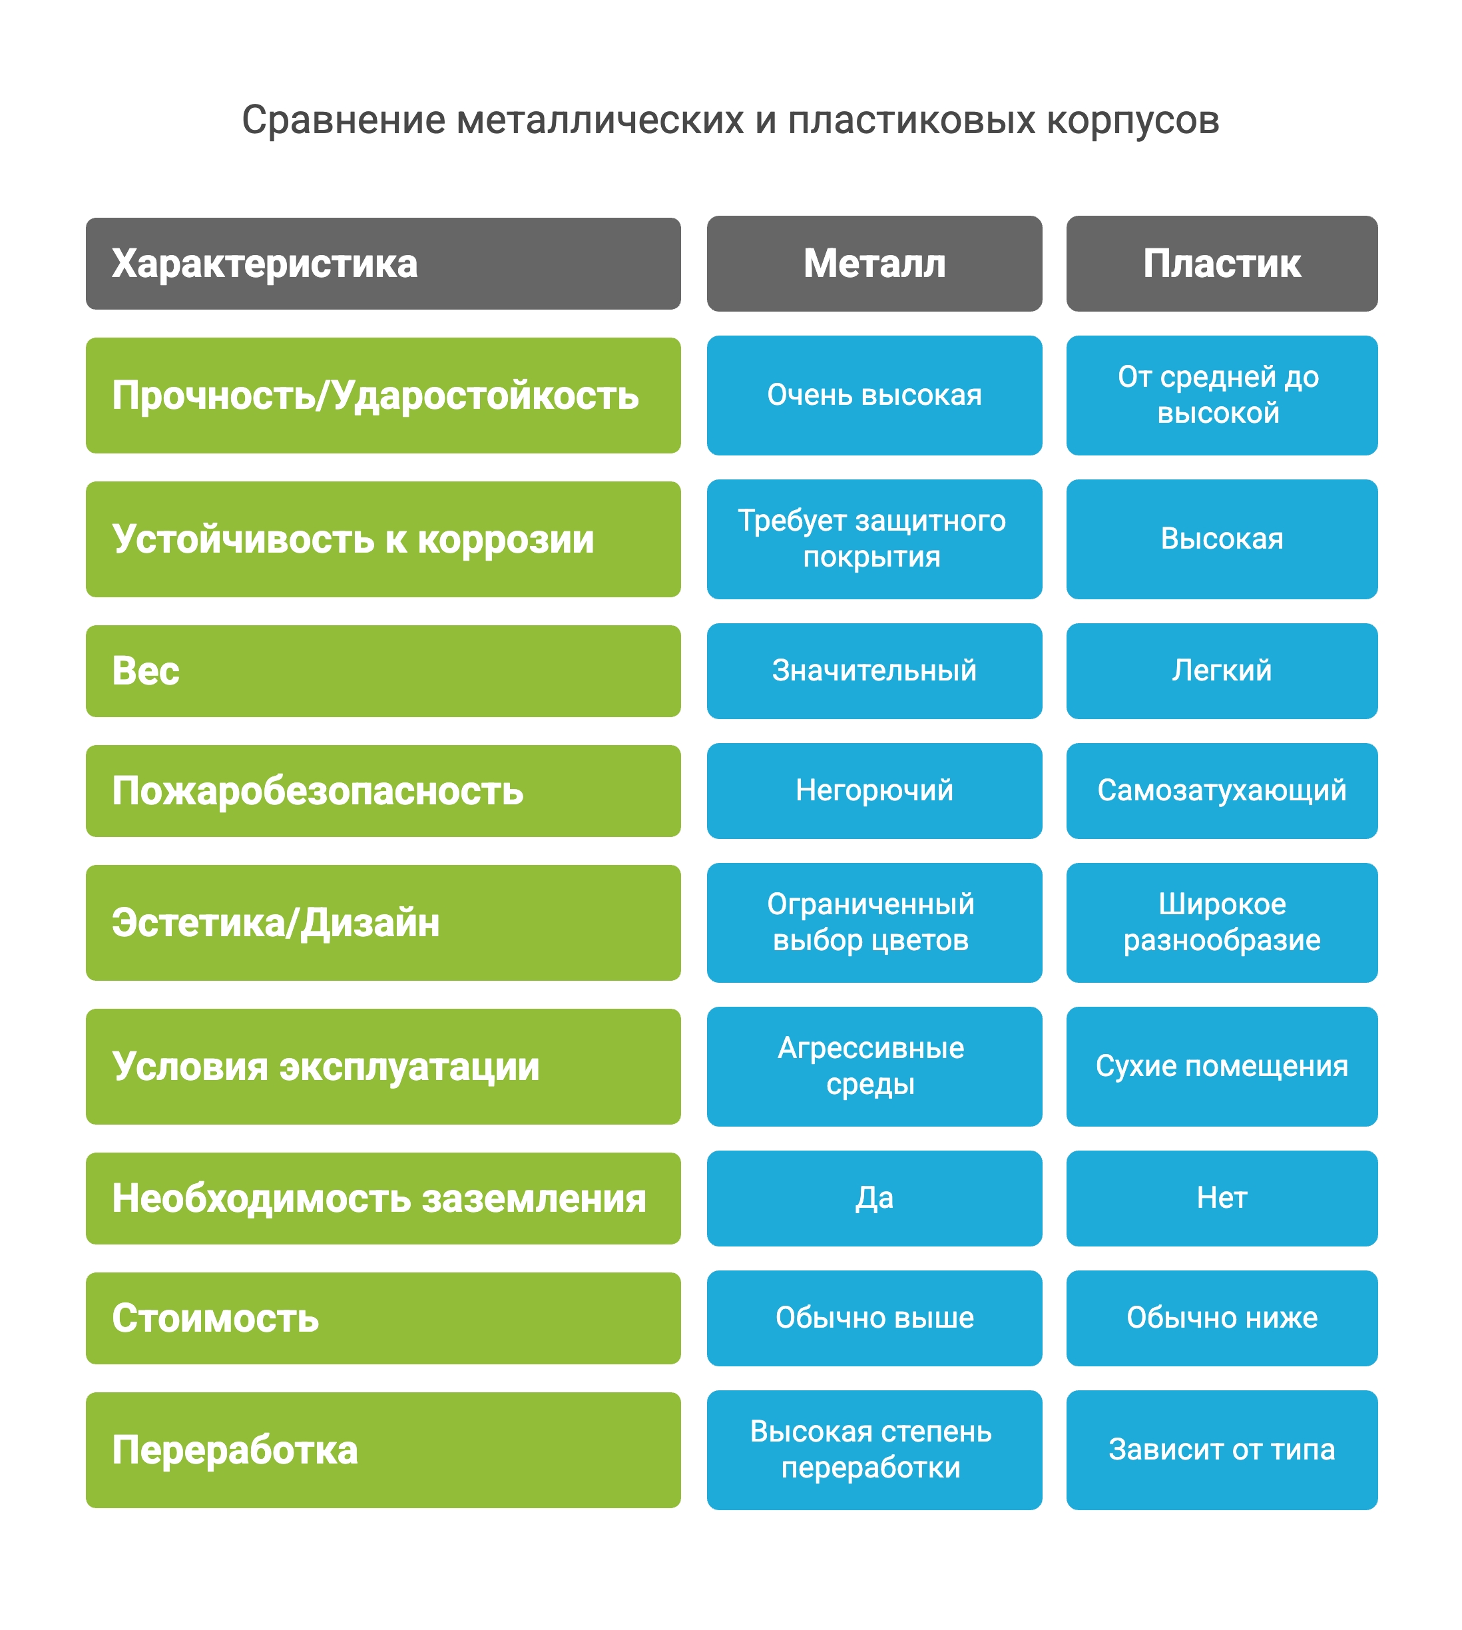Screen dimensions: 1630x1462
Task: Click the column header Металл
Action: [874, 264]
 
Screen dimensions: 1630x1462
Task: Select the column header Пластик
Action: [1221, 264]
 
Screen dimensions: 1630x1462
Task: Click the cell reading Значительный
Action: [874, 671]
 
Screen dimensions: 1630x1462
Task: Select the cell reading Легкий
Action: [1221, 671]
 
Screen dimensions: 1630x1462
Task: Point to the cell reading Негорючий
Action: [874, 790]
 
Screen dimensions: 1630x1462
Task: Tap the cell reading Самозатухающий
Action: [1221, 790]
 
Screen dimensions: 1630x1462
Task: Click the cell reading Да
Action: [874, 1198]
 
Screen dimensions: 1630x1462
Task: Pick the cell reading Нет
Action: [1221, 1198]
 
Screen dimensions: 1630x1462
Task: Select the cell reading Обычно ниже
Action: [1221, 1318]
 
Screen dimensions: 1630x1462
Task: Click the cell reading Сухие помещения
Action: [1221, 1066]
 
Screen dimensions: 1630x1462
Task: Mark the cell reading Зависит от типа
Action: [1221, 1450]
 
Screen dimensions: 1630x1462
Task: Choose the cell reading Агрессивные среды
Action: [874, 1066]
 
